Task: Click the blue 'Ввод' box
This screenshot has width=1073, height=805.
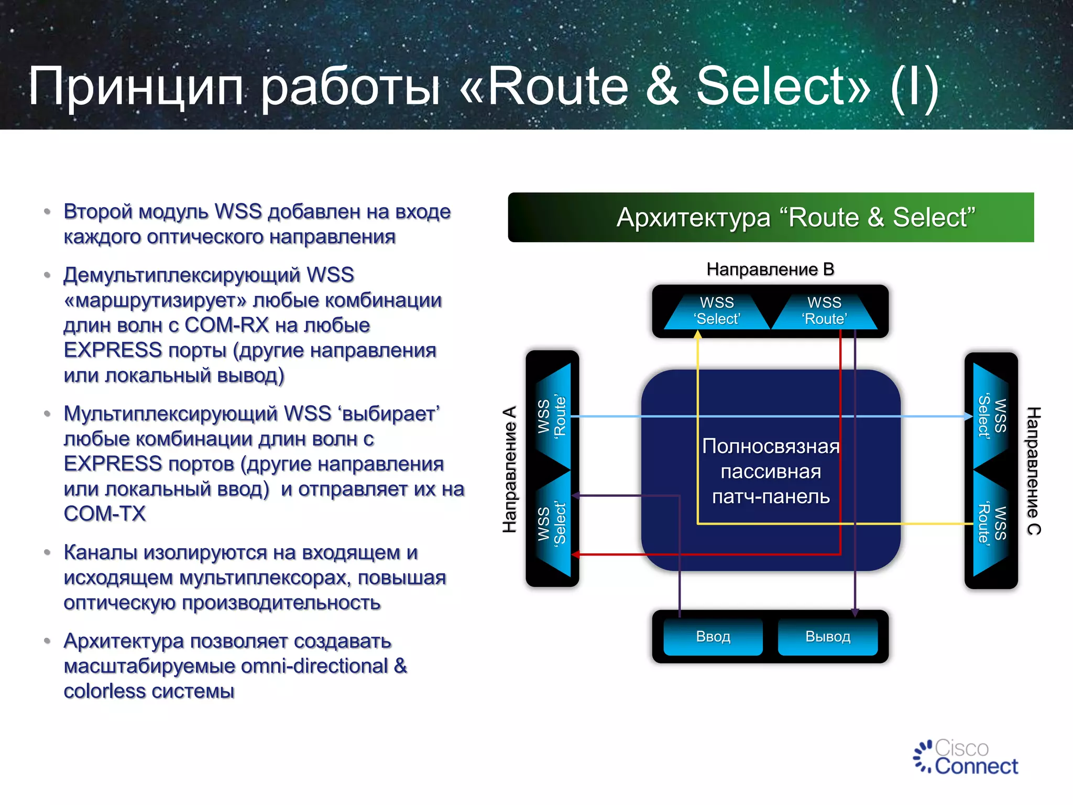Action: [713, 637]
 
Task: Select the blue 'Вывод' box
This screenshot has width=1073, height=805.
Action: [827, 637]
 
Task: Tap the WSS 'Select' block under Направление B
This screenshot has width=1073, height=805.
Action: [717, 311]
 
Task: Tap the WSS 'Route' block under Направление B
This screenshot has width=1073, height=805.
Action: [824, 311]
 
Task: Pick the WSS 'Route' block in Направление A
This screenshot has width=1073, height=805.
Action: [553, 417]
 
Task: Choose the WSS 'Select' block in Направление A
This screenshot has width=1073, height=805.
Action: [553, 524]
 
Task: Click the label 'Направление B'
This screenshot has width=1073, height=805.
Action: [770, 269]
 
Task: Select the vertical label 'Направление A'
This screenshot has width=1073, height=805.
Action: [510, 469]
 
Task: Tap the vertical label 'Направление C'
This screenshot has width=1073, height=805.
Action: [1033, 470]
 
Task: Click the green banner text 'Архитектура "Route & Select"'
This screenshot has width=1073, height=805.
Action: [796, 217]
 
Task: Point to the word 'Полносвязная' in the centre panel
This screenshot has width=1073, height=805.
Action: [770, 447]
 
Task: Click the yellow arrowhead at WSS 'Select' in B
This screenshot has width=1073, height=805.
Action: [698, 334]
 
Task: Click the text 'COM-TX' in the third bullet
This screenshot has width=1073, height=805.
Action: [105, 514]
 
